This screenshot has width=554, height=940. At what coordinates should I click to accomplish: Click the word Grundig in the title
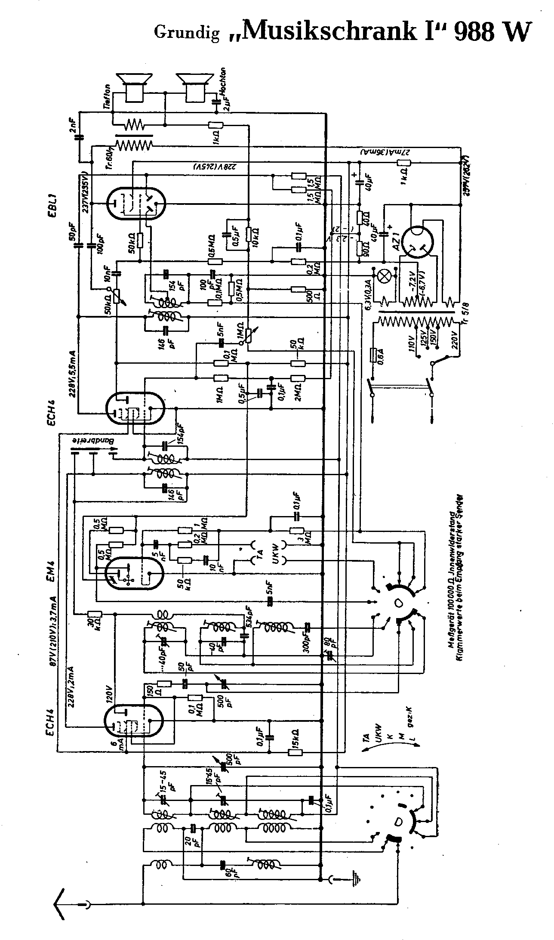tap(186, 33)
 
